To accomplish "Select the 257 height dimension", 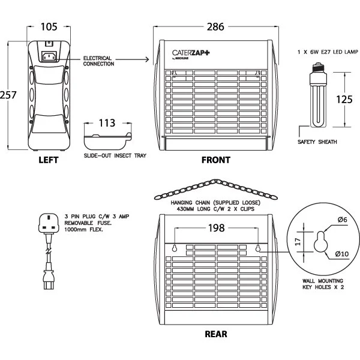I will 9,95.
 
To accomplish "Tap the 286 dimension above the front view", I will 215,27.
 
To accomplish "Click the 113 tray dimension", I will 107,123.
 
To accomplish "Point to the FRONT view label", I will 215,160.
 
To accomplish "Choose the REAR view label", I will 215,334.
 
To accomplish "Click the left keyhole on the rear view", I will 174,248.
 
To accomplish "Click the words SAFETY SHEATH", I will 317,142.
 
